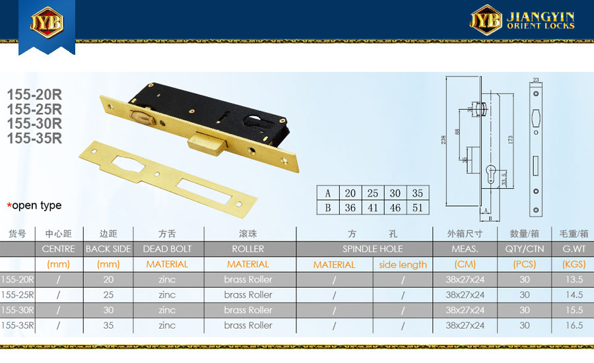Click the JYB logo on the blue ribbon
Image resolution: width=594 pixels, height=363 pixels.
click(x=47, y=22)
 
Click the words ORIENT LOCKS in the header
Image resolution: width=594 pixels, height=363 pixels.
click(x=541, y=26)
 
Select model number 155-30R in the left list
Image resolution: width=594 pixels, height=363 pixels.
click(x=34, y=123)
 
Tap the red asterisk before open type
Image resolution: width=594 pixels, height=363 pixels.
click(x=9, y=206)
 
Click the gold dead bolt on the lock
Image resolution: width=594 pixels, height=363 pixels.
click(x=207, y=143)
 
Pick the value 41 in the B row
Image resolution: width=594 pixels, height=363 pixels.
click(x=373, y=208)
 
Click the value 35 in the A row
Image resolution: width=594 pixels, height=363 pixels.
click(x=418, y=193)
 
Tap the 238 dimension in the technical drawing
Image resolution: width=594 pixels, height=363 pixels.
click(x=444, y=140)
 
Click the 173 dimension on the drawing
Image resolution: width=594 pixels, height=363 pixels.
click(x=510, y=140)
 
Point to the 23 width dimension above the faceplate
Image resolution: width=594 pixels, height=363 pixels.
click(x=536, y=80)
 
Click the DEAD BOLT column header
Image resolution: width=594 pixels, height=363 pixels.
click(x=167, y=249)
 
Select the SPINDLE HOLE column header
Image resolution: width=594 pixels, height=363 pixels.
click(x=372, y=249)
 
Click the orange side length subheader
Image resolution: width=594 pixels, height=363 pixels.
click(x=403, y=265)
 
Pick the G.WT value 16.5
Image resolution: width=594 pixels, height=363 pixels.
click(x=574, y=325)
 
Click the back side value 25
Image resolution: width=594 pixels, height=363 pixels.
click(x=108, y=295)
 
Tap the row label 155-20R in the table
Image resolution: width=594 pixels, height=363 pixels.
click(x=17, y=280)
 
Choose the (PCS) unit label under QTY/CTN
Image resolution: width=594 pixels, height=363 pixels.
click(x=524, y=264)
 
